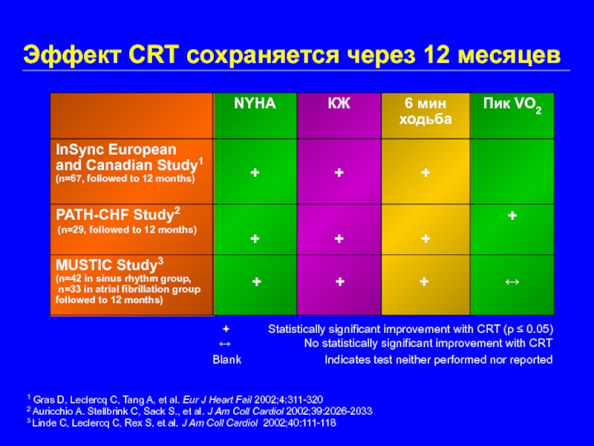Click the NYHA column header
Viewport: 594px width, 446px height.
[255, 104]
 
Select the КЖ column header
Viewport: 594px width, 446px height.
[339, 104]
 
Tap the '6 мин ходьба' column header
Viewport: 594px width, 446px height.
[425, 111]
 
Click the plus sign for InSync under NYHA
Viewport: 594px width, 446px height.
[255, 172]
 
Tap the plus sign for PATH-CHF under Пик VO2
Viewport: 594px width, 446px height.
[512, 216]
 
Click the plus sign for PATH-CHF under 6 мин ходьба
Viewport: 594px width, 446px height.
[425, 239]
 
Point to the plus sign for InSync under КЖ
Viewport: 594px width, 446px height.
[339, 172]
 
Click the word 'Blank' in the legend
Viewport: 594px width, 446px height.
[227, 360]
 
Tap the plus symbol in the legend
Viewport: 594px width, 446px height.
[226, 328]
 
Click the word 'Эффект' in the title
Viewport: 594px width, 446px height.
[67, 55]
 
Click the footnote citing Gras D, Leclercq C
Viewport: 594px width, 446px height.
[174, 399]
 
